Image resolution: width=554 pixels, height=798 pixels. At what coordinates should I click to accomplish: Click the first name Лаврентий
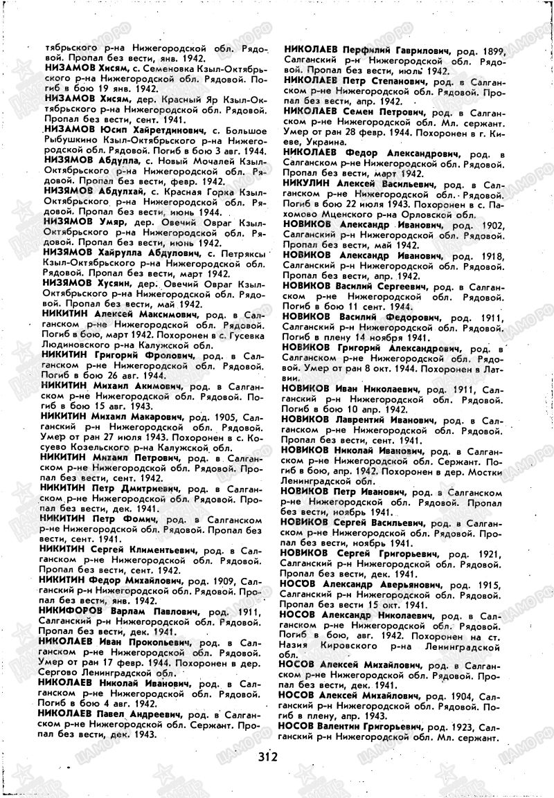pos(375,419)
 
